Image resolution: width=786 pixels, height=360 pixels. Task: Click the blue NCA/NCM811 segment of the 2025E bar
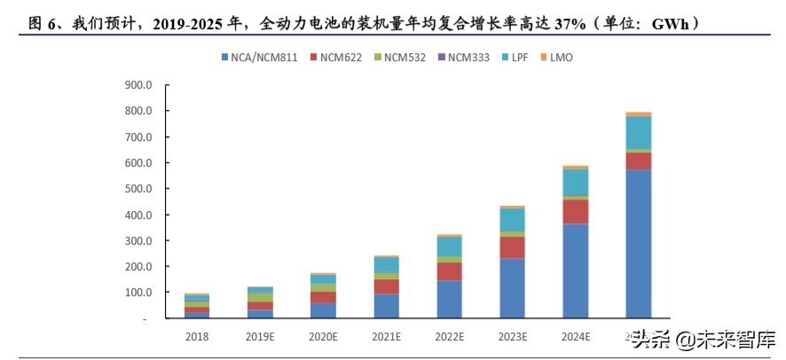[638, 244]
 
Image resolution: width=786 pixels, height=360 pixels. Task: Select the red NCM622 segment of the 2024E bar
[576, 212]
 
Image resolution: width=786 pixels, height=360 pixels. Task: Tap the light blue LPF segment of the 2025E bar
[638, 133]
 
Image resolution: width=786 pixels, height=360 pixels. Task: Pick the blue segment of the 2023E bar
[512, 288]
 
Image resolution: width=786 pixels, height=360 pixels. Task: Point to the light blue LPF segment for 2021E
[387, 265]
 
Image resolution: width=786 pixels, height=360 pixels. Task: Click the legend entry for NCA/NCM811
[263, 58]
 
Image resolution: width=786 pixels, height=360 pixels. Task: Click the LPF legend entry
[514, 58]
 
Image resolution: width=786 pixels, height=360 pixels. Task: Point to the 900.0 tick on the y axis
[139, 86]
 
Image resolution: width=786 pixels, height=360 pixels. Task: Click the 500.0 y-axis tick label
[139, 189]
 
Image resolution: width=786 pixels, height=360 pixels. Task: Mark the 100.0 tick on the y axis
[139, 293]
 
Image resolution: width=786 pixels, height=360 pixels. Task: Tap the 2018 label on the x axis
[198, 337]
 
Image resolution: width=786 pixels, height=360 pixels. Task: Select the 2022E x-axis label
[450, 337]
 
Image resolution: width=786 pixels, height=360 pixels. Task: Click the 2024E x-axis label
[576, 337]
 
